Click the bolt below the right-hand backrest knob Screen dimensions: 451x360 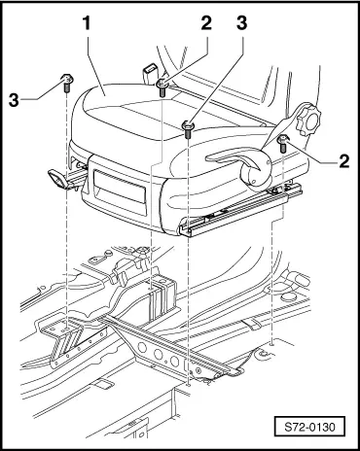point(280,143)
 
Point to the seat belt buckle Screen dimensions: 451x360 point(150,72)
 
